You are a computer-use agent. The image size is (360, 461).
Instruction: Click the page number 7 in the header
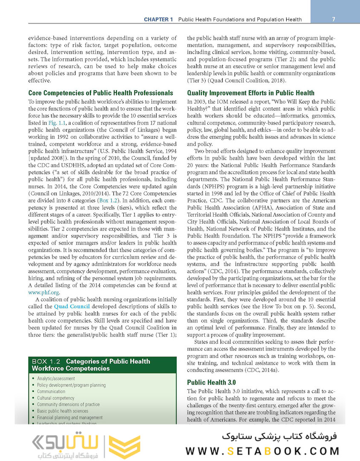[333, 19]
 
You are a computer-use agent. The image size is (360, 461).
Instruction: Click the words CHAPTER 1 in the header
[158, 20]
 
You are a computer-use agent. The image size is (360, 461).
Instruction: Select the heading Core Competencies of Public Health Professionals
[101, 93]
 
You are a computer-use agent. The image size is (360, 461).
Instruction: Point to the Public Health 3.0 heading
[212, 382]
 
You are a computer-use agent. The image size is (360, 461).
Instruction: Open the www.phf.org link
[44, 292]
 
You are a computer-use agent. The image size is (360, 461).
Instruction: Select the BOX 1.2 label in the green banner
[47, 362]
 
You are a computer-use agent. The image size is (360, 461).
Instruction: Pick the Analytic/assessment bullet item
[56, 379]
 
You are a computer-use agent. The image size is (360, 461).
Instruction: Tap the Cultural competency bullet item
[55, 398]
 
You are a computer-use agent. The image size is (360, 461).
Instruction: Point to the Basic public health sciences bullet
[62, 411]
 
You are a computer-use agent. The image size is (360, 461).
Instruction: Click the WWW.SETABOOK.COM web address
[263, 451]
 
